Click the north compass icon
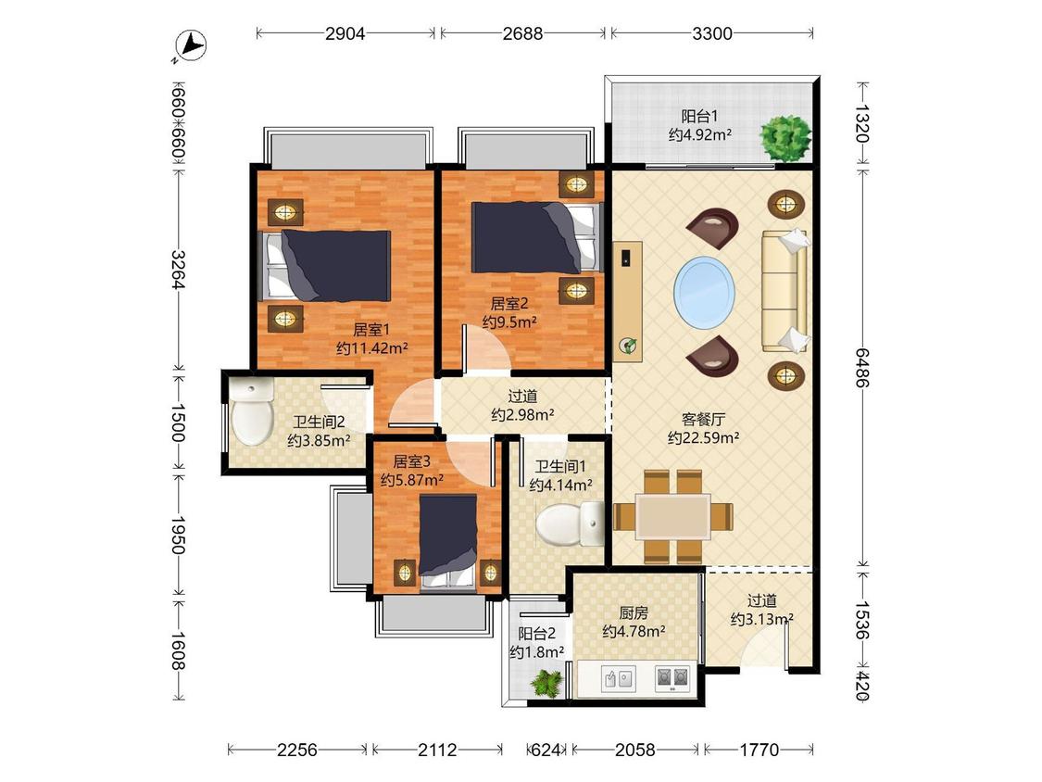point(191,46)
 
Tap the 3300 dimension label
point(711,33)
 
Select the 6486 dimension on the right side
point(862,367)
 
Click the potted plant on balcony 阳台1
point(786,138)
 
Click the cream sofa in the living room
point(785,291)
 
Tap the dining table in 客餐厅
point(673,517)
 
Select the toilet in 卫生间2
point(252,412)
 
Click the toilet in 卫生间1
point(570,523)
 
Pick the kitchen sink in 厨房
point(618,679)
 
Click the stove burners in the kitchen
point(672,677)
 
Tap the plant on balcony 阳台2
point(548,683)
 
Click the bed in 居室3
point(448,542)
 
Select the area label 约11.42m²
point(371,347)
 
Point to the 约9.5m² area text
point(509,322)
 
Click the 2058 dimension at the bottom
point(634,750)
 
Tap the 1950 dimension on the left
point(177,536)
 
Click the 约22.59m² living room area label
point(703,437)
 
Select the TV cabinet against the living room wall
point(627,301)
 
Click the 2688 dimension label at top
point(522,33)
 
